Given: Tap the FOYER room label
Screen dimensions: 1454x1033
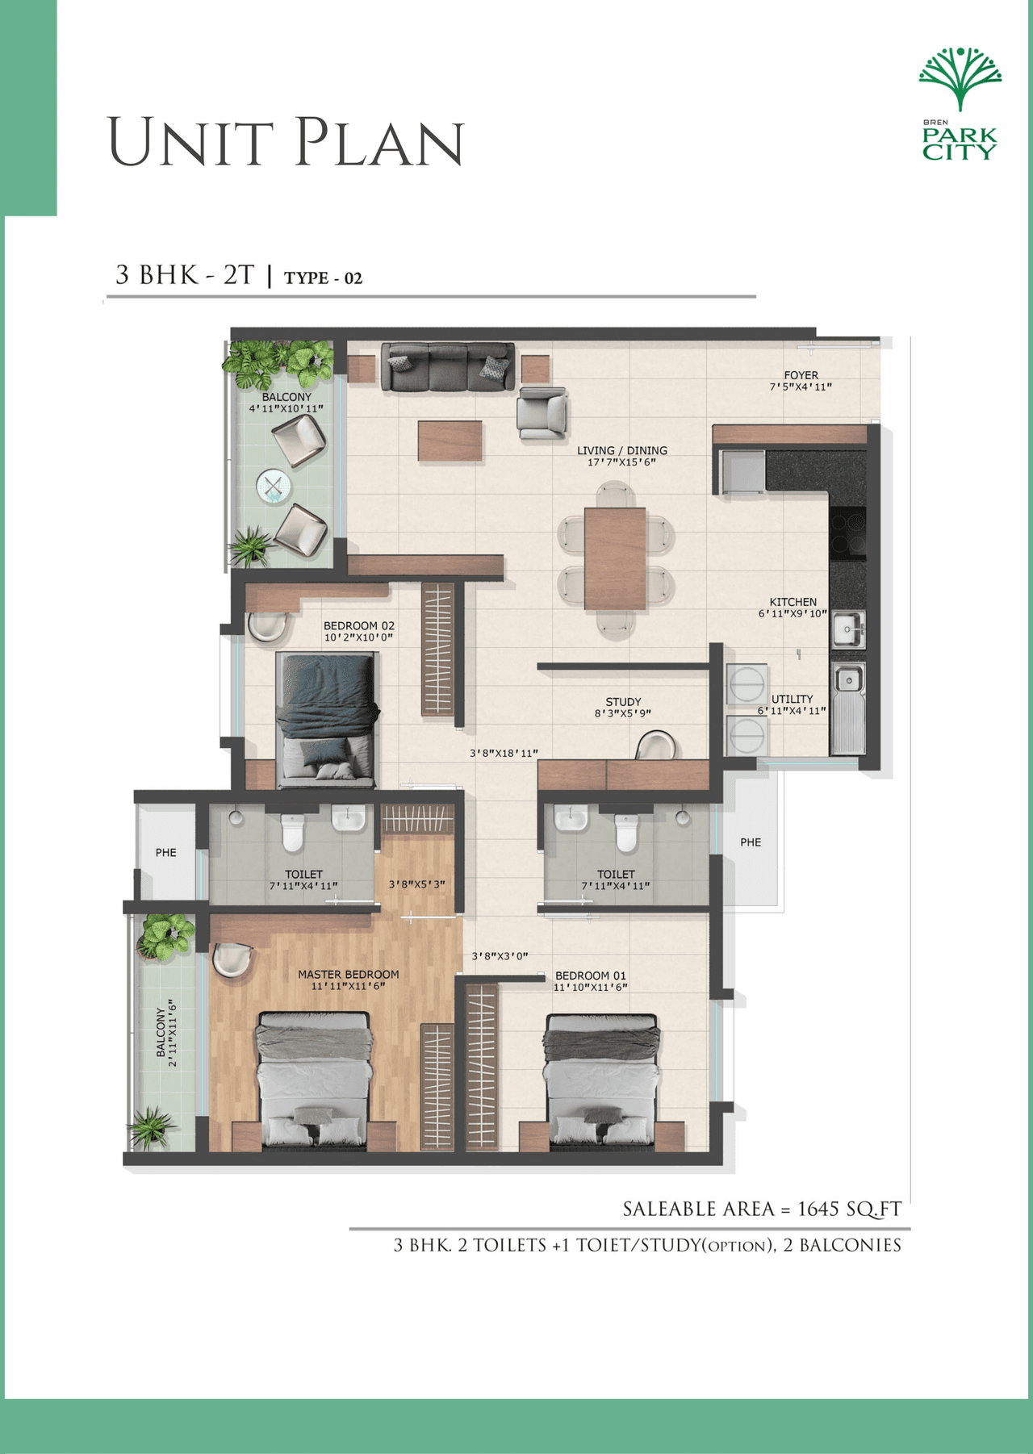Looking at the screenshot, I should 801,375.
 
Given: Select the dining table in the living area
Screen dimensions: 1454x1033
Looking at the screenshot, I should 615,558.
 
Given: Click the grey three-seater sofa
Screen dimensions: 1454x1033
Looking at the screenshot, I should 447,366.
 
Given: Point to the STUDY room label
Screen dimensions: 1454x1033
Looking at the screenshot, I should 623,702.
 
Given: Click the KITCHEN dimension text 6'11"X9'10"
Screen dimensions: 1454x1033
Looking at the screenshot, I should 793,614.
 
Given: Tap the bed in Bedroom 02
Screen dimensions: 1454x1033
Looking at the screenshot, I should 326,720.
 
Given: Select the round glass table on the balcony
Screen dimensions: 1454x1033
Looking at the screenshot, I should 273,487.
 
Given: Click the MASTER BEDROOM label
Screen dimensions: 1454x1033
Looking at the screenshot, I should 349,975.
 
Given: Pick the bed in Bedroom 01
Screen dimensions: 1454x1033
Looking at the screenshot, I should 601,1081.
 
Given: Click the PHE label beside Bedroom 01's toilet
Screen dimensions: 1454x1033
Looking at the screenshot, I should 751,842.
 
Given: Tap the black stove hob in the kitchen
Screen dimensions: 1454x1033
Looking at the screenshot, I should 847,533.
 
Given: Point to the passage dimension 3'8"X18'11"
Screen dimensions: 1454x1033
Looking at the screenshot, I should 504,754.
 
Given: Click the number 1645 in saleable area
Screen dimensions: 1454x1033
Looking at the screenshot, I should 818,1209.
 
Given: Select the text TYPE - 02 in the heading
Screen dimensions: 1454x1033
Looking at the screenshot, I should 323,278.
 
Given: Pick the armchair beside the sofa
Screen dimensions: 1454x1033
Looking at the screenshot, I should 542,412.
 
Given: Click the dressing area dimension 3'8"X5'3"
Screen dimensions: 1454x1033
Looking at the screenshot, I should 416,884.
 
